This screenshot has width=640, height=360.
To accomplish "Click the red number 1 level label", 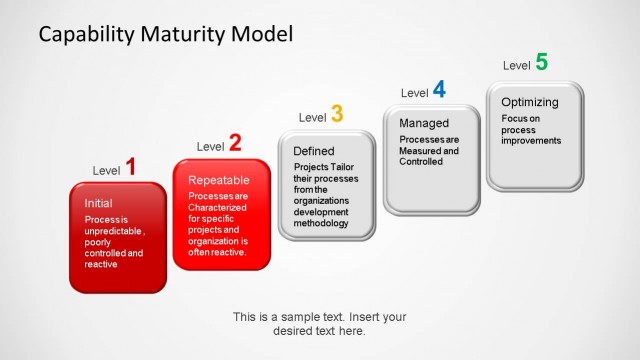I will point(130,167).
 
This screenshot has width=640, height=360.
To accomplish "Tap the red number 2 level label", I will point(234,143).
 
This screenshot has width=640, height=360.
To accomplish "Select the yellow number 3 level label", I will point(337,115).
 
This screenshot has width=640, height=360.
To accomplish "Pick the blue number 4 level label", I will point(438,90).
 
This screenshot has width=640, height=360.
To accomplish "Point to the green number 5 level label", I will point(541,62).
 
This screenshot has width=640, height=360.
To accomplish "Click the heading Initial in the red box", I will point(98,203).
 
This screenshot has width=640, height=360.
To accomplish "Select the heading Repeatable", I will point(218,180).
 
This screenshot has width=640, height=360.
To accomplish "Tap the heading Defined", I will point(313,151).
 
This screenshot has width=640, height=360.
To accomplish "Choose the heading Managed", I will point(423,123).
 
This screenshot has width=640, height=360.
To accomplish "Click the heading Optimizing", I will point(529,102).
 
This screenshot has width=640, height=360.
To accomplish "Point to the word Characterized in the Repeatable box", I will point(218,207).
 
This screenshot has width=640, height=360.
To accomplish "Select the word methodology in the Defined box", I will point(321,223).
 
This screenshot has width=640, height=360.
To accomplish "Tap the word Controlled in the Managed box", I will point(420,161).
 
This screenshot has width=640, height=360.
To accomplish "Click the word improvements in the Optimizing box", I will point(531,141).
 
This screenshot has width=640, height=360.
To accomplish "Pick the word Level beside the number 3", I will point(312,118).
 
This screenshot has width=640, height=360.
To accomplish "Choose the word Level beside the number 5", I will point(516,66).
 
